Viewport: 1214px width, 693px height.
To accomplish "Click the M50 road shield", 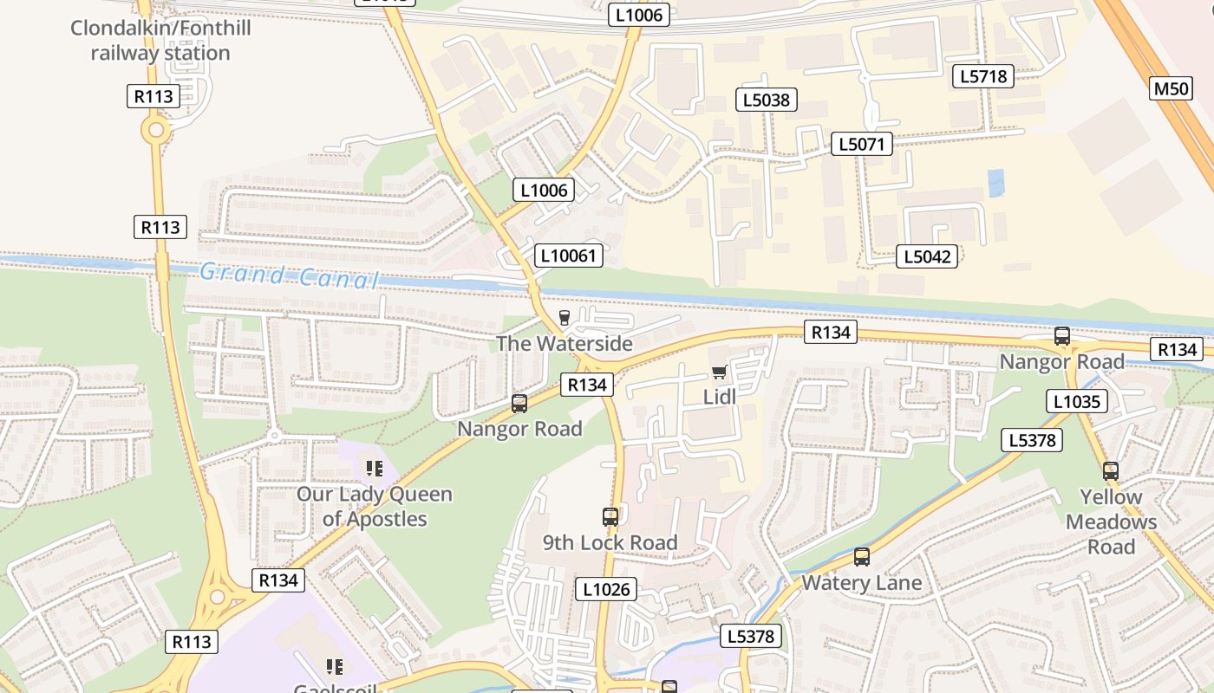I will [1171, 87].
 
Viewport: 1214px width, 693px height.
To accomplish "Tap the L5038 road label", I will [767, 100].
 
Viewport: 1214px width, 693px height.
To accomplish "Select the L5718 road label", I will [983, 76].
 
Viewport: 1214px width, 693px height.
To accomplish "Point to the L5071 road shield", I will [861, 144].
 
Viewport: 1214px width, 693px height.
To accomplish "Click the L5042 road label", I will [927, 256].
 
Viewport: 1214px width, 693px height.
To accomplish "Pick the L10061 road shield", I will [568, 255].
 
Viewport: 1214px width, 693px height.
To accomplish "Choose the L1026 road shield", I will [606, 590].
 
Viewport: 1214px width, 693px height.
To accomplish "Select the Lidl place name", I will [719, 397].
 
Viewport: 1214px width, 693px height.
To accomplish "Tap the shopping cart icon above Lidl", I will [719, 372].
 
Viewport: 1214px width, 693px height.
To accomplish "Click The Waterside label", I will [565, 344].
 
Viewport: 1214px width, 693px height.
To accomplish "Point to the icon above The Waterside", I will [565, 318].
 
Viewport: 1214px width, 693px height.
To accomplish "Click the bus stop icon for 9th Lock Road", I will [610, 517].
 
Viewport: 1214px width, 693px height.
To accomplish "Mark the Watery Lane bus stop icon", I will [861, 557].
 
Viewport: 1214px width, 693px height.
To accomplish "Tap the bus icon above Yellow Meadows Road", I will [1111, 471].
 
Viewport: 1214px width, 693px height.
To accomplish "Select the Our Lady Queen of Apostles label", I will [375, 507].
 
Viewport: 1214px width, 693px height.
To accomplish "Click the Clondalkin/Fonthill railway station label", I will [160, 41].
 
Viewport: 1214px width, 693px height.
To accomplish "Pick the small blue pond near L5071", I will [996, 182].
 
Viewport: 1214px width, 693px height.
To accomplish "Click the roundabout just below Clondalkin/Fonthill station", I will [156, 131].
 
